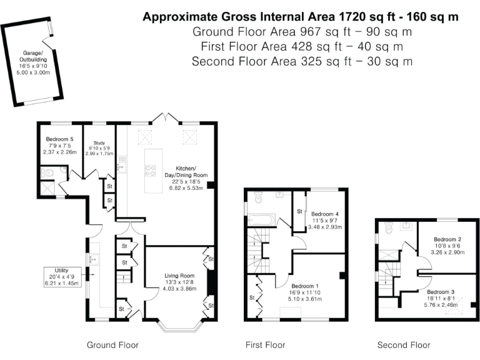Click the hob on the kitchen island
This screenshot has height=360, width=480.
[150, 171]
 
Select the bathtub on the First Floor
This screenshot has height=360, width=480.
[262, 220]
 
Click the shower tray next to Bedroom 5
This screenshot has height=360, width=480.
[47, 188]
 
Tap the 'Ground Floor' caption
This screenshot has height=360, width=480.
[112, 345]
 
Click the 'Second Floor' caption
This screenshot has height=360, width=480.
[404, 345]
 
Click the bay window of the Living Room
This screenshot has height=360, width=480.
[181, 326]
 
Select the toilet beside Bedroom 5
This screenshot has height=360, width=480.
[47, 173]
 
